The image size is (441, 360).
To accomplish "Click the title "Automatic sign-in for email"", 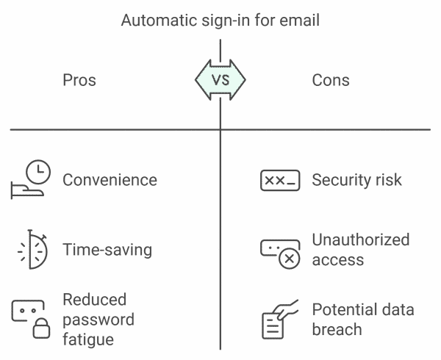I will (x=220, y=20).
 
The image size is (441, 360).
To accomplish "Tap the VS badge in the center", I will (x=220, y=79).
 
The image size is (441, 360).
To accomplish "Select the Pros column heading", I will (x=79, y=79).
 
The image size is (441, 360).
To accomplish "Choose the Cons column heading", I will (x=331, y=79).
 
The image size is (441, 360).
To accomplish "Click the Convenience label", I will (x=110, y=180).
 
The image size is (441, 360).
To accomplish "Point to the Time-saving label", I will (x=107, y=250).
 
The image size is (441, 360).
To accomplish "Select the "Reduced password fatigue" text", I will (x=98, y=320).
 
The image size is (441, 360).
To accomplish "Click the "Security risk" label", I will (x=357, y=180).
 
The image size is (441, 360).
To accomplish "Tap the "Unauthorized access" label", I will (x=360, y=250).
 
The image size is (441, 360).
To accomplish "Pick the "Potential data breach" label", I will (x=363, y=319).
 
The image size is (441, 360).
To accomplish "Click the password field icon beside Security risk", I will (x=280, y=180).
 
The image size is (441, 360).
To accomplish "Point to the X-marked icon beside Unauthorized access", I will (x=281, y=251).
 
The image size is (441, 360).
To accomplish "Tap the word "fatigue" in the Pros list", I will (x=88, y=339).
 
